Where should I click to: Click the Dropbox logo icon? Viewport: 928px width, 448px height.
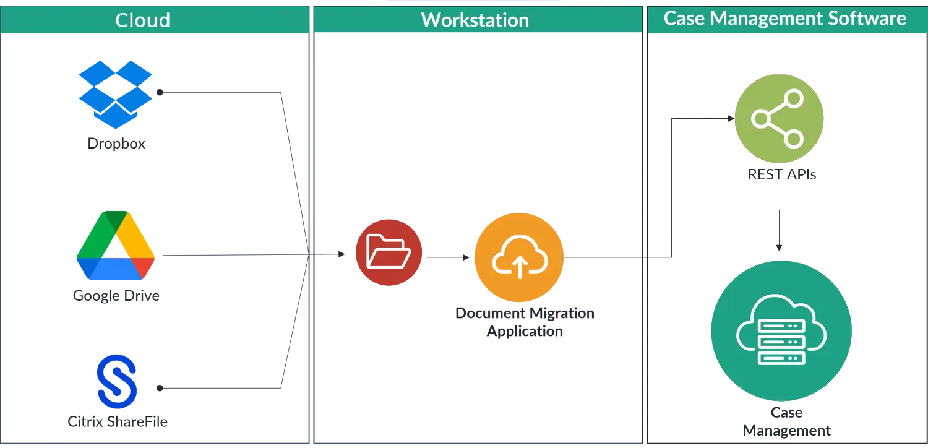pyautogui.click(x=116, y=95)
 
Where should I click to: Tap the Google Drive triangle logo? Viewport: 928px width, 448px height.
pyautogui.click(x=116, y=245)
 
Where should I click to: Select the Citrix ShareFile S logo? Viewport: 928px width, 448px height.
pyautogui.click(x=117, y=382)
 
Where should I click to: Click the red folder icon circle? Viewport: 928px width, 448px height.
pyautogui.click(x=389, y=252)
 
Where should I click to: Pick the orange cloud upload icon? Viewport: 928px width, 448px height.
pyautogui.click(x=519, y=257)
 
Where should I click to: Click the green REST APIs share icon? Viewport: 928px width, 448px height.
pyautogui.click(x=779, y=119)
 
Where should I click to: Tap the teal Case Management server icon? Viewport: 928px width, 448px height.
pyautogui.click(x=781, y=330)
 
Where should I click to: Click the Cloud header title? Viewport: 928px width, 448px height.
pyautogui.click(x=142, y=20)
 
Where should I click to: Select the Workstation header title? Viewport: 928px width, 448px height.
pyautogui.click(x=475, y=20)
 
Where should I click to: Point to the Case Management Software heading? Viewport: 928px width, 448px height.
pyautogui.click(x=784, y=18)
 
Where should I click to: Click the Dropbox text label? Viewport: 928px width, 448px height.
pyautogui.click(x=116, y=144)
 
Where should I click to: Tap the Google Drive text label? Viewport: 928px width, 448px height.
pyautogui.click(x=116, y=296)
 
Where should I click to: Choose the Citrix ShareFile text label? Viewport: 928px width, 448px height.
pyautogui.click(x=118, y=421)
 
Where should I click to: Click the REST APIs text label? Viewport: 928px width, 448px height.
pyautogui.click(x=782, y=174)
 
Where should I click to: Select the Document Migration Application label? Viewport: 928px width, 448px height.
pyautogui.click(x=525, y=322)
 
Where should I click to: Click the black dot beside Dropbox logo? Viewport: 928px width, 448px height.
pyautogui.click(x=160, y=92)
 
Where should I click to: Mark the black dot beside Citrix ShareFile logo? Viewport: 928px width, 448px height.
pyautogui.click(x=160, y=389)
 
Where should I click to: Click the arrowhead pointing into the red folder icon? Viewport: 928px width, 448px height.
pyautogui.click(x=342, y=254)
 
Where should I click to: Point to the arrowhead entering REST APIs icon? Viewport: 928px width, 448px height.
pyautogui.click(x=731, y=119)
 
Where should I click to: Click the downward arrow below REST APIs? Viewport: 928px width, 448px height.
pyautogui.click(x=779, y=230)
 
